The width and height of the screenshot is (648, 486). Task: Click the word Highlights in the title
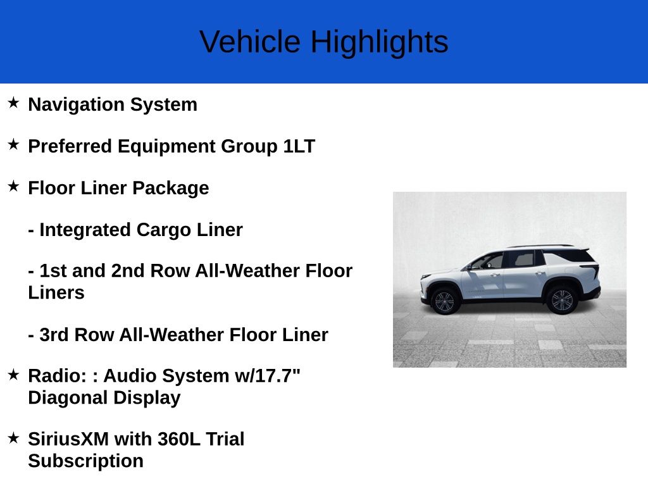[x=378, y=42]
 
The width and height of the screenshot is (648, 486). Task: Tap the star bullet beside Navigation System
[x=13, y=103]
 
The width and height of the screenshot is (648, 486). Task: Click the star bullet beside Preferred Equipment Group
[x=13, y=145]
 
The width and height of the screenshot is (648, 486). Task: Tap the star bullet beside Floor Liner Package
[x=13, y=187]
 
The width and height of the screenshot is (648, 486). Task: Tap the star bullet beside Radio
[x=13, y=375]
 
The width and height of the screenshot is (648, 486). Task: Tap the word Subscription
[x=85, y=461]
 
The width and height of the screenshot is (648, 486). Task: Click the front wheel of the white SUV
[x=445, y=301]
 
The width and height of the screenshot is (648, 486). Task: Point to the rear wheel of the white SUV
[x=561, y=300]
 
